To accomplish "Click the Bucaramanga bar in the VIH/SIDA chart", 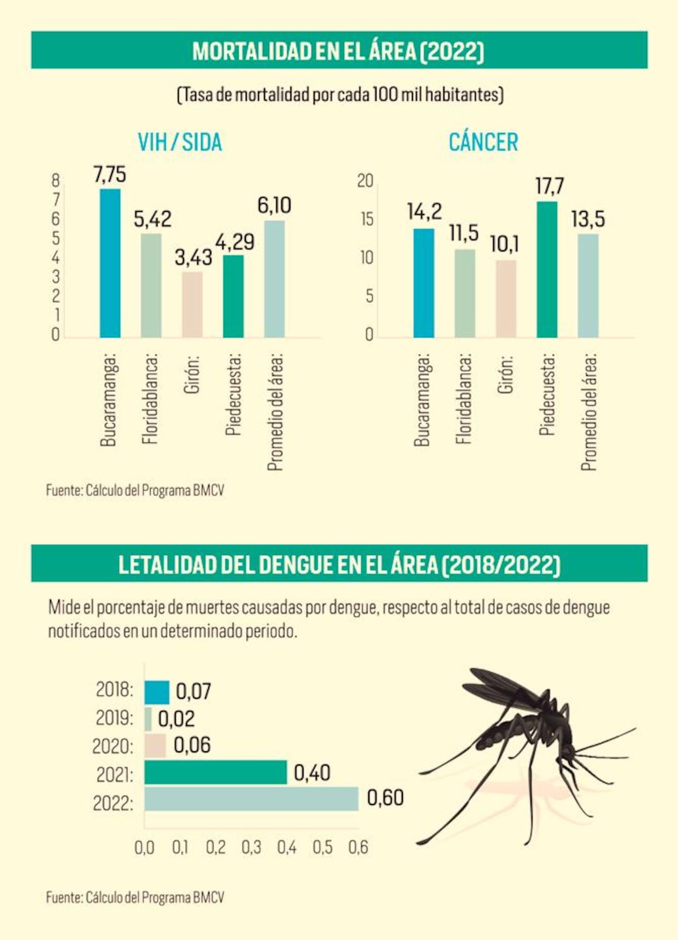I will (110, 263).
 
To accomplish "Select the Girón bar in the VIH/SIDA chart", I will (192, 305).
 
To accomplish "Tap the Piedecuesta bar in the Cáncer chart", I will (547, 269).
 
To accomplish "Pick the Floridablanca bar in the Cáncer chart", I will (465, 294).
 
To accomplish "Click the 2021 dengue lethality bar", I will (216, 772).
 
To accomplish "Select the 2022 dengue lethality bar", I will (251, 799).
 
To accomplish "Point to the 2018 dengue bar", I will (157, 692).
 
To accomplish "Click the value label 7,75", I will (110, 175).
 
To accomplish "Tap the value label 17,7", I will (550, 186).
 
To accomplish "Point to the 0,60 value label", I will (385, 798).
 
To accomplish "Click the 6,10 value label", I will (274, 206).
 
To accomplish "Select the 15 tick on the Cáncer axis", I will (366, 219).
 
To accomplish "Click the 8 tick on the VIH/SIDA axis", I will (55, 181).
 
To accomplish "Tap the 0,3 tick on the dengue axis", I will (251, 847).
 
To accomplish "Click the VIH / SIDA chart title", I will (180, 142).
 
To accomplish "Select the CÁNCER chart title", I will (483, 142).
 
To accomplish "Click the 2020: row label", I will (113, 746).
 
